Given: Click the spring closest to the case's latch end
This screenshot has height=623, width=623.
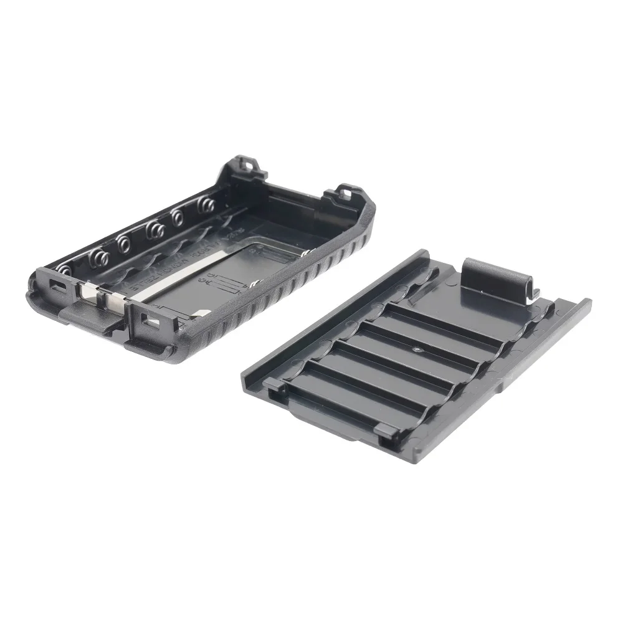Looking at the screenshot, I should click(65, 269).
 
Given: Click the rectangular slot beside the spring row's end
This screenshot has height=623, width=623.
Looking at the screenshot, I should click(55, 287).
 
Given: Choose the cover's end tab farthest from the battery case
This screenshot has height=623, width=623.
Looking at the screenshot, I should click(386, 430).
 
